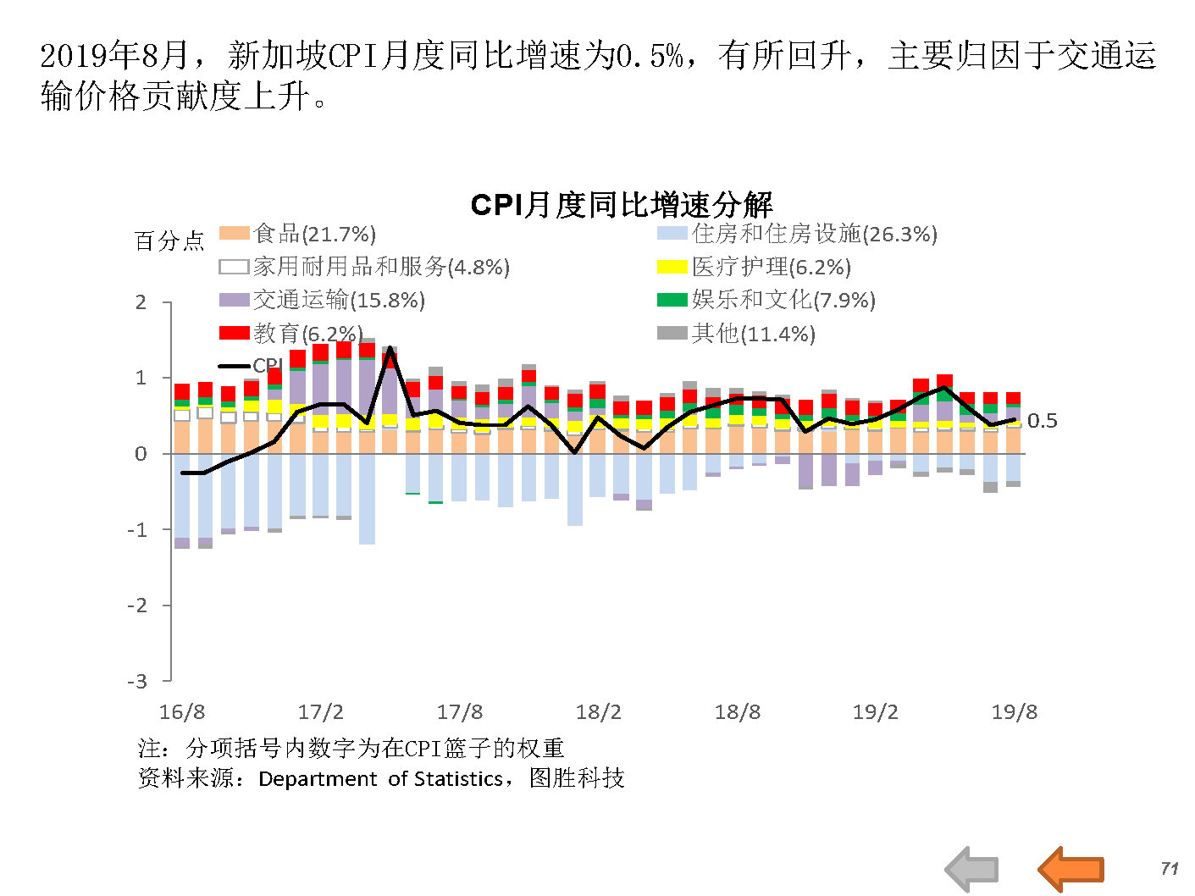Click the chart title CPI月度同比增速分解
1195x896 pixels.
(x=621, y=205)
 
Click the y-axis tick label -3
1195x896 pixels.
(x=137, y=681)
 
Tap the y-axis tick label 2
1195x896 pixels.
(x=141, y=302)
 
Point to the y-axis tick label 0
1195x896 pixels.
(x=141, y=454)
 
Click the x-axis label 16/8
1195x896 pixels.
(x=182, y=712)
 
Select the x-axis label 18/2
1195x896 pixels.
(x=599, y=712)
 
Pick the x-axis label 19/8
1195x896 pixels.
(x=1015, y=712)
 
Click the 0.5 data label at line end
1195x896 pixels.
(x=1042, y=421)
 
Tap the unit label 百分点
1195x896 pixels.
(x=169, y=241)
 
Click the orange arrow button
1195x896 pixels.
(x=1071, y=868)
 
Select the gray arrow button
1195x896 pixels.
(x=972, y=869)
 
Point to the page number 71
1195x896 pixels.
(x=1170, y=868)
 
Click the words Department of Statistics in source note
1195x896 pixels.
(x=380, y=778)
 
